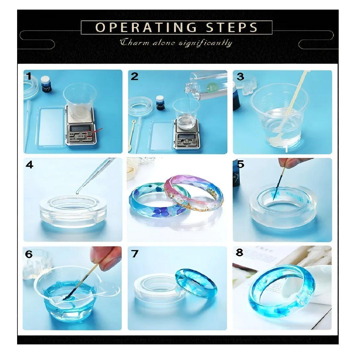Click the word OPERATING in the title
tap(146, 27)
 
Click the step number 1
tap(28, 76)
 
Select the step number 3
tap(240, 76)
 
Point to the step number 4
tap(29, 165)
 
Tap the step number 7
tap(135, 254)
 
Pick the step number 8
tap(239, 253)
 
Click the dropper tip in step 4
tap(78, 191)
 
